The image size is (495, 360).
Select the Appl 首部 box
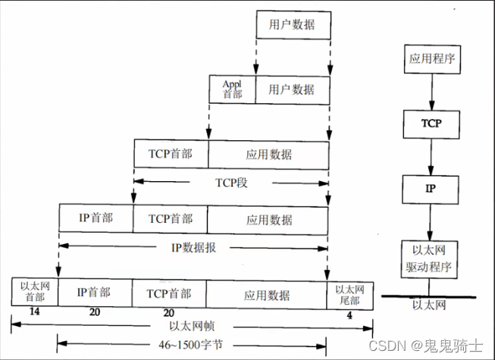tap(232, 89)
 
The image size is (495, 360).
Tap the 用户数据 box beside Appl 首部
tap(292, 89)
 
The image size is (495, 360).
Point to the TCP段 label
tap(231, 182)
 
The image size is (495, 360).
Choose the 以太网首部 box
tap(34, 291)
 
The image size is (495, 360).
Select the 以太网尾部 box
tap(349, 291)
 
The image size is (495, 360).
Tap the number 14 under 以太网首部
tap(34, 311)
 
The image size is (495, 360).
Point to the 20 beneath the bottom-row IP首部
tap(94, 311)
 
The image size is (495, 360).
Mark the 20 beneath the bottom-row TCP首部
tap(169, 311)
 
